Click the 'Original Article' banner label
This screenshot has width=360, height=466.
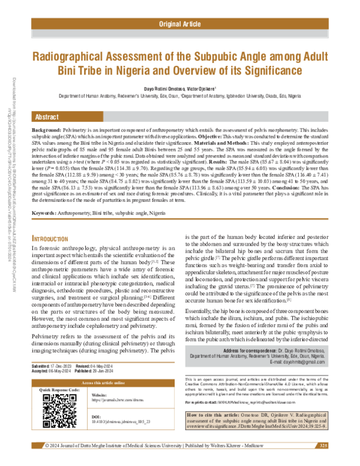(179, 24)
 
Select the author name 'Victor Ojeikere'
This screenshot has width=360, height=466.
(204, 88)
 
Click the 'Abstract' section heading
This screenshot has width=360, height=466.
(47, 116)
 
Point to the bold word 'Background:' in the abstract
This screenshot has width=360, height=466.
(46, 130)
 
